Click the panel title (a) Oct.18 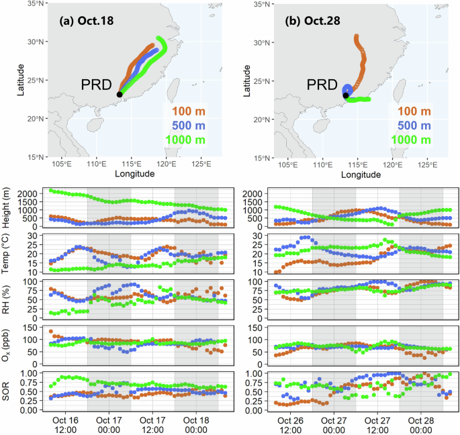(x=87, y=21)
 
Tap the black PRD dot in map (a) (x=120, y=95)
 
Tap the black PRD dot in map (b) (x=345, y=95)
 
